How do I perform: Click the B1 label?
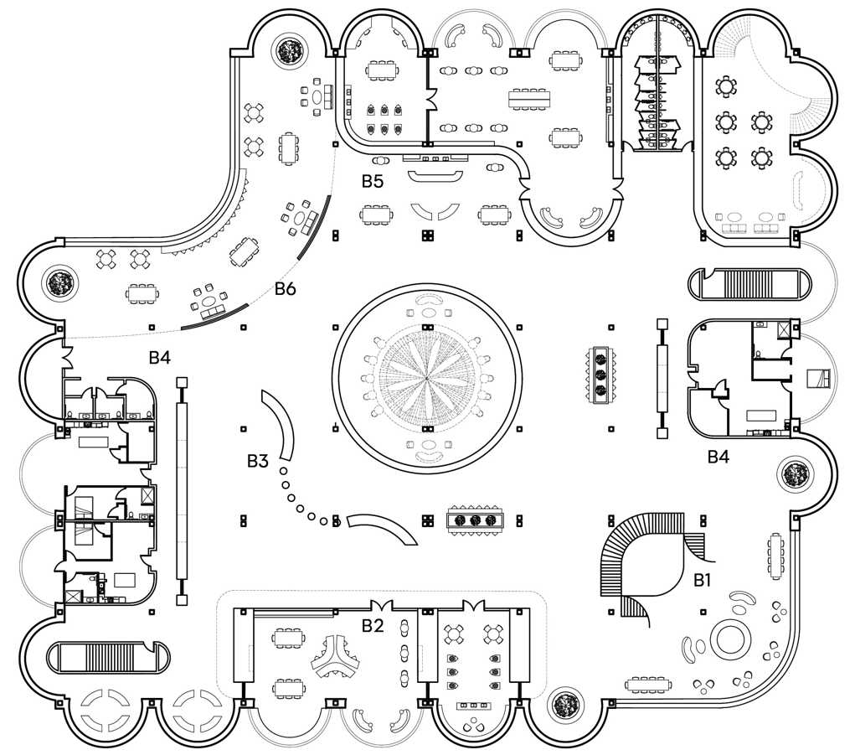click(702, 578)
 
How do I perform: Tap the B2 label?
click(373, 625)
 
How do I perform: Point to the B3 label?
click(257, 461)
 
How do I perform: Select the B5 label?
click(373, 180)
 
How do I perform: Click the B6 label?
click(286, 290)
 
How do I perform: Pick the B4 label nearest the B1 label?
click(719, 457)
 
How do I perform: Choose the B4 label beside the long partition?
click(160, 358)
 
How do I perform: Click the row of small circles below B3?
click(301, 502)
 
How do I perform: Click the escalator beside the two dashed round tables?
click(106, 656)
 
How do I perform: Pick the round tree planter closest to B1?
click(792, 476)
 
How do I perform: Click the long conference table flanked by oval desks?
click(529, 98)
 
